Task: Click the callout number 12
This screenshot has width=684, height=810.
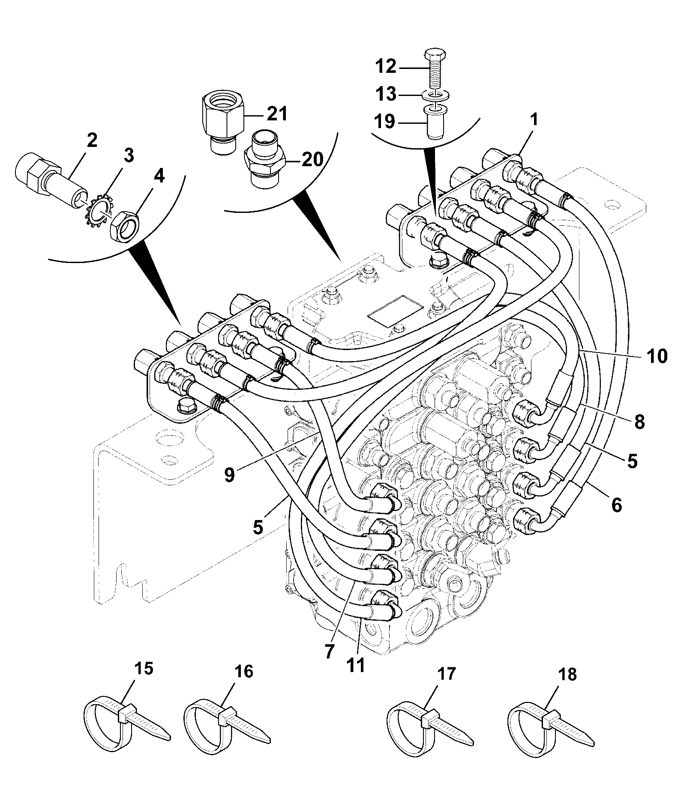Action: pos(386,67)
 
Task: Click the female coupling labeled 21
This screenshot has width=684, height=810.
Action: pos(222,122)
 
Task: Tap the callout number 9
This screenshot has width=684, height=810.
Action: pos(229,475)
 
